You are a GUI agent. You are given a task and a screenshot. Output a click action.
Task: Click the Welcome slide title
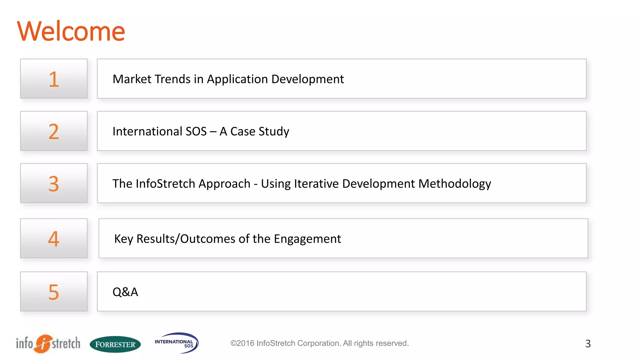pyautogui.click(x=71, y=31)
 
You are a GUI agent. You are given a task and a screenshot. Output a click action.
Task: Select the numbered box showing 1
pyautogui.click(x=54, y=79)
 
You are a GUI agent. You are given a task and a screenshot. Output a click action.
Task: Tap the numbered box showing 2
pyautogui.click(x=54, y=131)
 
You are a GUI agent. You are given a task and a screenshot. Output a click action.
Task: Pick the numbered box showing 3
pyautogui.click(x=54, y=183)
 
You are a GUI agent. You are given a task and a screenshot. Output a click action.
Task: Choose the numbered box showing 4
pyautogui.click(x=54, y=238)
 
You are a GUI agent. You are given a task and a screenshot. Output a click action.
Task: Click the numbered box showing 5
pyautogui.click(x=54, y=292)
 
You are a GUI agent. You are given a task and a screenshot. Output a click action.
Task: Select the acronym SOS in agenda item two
pyautogui.click(x=196, y=131)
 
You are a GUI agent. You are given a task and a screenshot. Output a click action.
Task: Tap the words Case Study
pyautogui.click(x=260, y=131)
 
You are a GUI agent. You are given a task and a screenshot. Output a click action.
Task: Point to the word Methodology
pyautogui.click(x=455, y=184)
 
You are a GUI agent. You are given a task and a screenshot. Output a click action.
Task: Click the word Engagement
pyautogui.click(x=307, y=239)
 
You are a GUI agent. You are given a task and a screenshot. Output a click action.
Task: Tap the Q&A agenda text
pyautogui.click(x=125, y=292)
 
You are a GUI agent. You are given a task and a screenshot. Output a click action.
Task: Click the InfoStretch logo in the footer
pyautogui.click(x=48, y=343)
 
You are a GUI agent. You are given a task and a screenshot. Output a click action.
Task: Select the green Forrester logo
pyautogui.click(x=115, y=344)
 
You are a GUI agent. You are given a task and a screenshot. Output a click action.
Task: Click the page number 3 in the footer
pyautogui.click(x=587, y=344)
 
